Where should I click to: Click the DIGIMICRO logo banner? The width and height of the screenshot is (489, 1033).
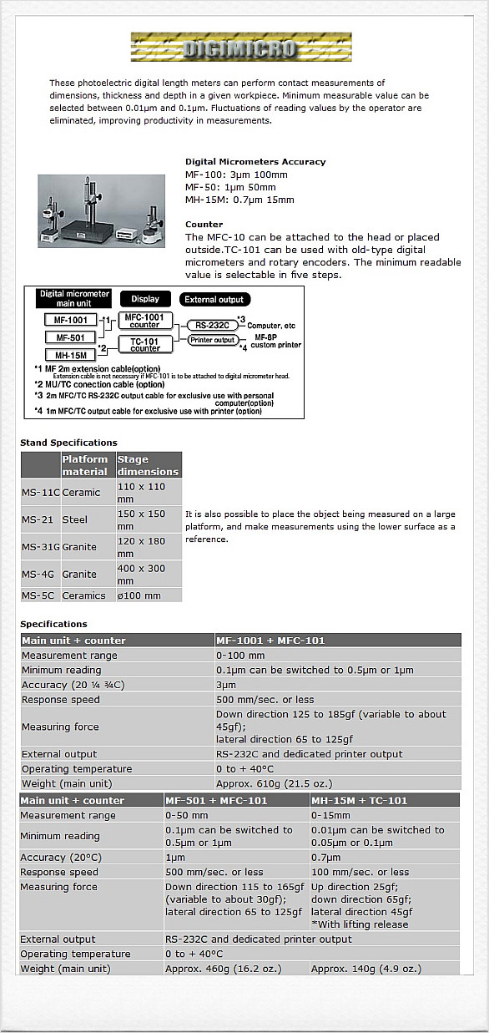click(x=241, y=48)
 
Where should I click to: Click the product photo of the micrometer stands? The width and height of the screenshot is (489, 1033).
click(x=101, y=210)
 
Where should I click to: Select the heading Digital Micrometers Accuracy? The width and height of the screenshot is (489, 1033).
click(x=255, y=162)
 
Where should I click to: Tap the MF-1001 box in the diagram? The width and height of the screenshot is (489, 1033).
click(x=70, y=320)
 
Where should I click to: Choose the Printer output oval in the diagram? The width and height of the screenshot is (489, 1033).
click(x=212, y=340)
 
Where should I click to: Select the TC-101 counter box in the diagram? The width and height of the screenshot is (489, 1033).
click(x=145, y=344)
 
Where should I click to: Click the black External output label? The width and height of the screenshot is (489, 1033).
click(x=214, y=299)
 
